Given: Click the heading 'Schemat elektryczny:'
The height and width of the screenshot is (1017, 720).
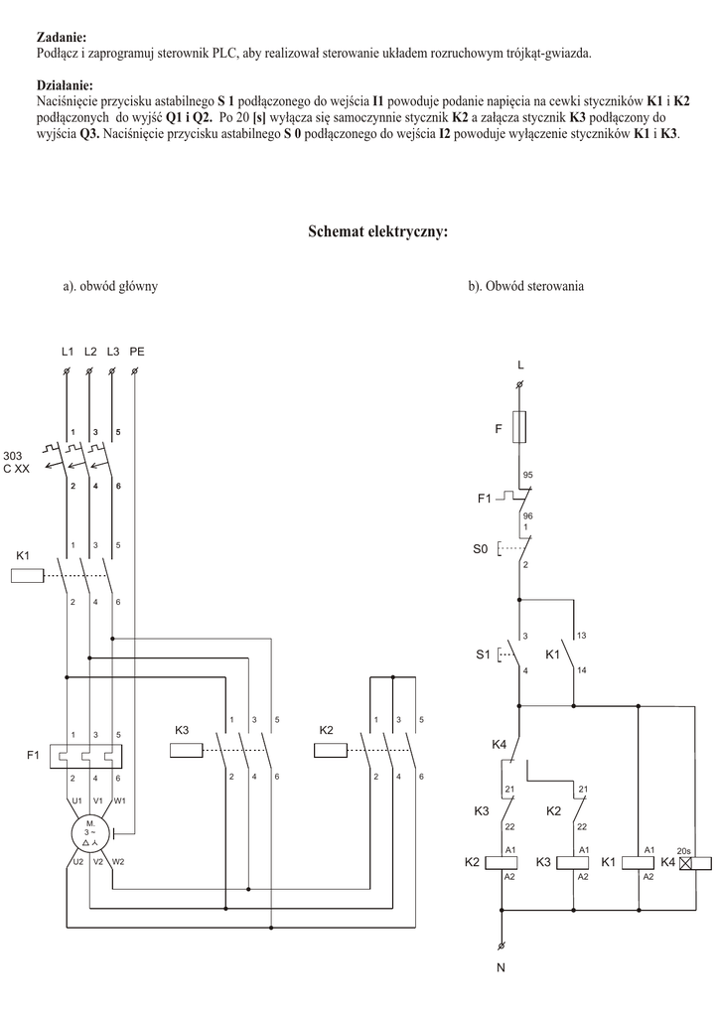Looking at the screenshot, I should pos(377,231).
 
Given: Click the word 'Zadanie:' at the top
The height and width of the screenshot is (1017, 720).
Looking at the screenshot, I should pos(61,36).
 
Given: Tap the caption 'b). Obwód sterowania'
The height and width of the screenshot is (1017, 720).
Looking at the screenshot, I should pos(525,286).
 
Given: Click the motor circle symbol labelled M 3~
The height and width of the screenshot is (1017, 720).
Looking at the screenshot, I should pos(90,835).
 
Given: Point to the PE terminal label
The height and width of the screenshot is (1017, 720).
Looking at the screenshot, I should pos(137,352).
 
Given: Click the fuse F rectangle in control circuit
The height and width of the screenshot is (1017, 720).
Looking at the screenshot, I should pos(519,428).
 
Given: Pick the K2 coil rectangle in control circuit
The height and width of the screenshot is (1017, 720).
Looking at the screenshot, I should pos(501,863).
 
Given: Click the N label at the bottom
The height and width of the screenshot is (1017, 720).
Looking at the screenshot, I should pos(501,969).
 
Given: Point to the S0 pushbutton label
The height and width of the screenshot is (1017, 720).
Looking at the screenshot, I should pos(480,548).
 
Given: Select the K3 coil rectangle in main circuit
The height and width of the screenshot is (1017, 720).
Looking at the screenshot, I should pos(188,750).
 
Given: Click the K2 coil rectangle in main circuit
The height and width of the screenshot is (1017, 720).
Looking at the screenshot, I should pos(330,750).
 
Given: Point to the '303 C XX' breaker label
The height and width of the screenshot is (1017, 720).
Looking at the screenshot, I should pos(17,462).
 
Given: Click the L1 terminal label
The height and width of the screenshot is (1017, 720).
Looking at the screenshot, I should pos(68,352).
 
